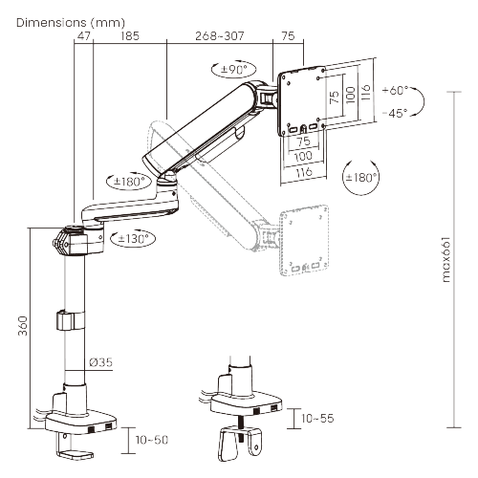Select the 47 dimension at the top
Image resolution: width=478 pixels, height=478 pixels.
coord(84,36)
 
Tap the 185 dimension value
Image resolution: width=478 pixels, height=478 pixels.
coord(130,36)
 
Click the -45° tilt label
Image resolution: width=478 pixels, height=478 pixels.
coord(394,112)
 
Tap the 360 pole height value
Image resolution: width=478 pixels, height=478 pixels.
coord(21,326)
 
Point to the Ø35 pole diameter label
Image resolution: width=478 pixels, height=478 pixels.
coord(101,362)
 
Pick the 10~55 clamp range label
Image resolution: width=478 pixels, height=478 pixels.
coord(317,419)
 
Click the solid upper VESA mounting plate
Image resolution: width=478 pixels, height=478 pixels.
coord(302,100)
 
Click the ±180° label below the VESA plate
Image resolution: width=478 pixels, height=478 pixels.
coord(361,178)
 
